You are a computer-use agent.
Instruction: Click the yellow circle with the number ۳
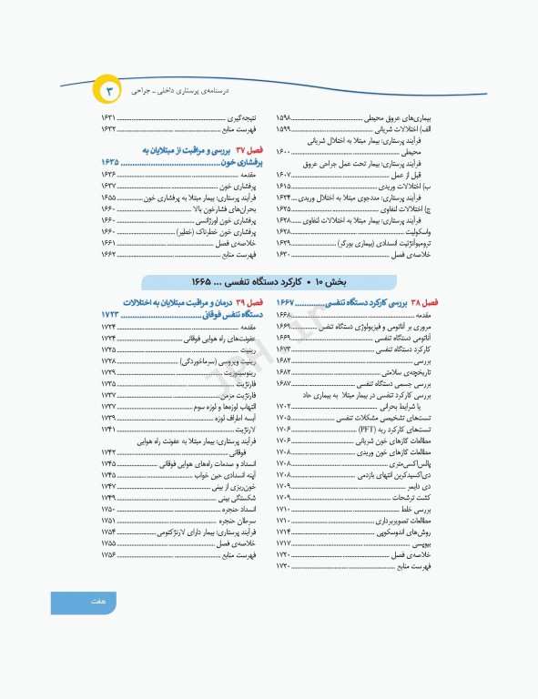[107, 91]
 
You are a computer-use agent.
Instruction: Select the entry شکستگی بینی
[232, 497]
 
